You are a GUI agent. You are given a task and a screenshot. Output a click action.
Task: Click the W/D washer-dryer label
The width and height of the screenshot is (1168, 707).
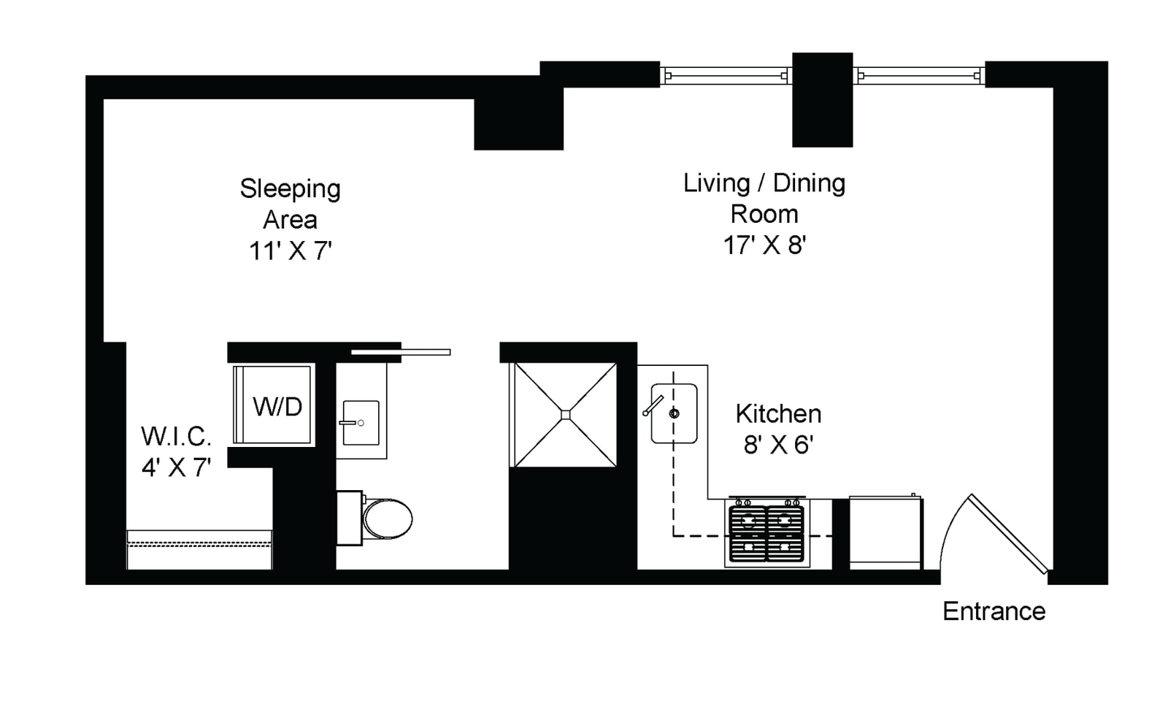(277, 407)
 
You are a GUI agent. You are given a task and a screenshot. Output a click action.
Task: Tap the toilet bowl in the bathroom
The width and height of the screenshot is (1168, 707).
(388, 519)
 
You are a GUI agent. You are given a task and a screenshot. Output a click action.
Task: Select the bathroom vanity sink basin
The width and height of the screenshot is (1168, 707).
(361, 423)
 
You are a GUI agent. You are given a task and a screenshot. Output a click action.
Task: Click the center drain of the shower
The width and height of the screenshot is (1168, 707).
(566, 415)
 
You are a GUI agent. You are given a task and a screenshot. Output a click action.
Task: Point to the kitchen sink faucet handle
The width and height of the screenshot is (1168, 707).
(653, 405)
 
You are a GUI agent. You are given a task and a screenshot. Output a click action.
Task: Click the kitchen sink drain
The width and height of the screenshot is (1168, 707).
(675, 414)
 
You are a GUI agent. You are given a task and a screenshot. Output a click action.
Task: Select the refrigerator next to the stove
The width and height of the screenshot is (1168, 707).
(885, 532)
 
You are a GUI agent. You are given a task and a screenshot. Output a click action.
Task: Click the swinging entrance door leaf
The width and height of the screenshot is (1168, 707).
(1008, 534)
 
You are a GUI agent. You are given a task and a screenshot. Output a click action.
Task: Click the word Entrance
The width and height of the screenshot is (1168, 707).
(994, 611)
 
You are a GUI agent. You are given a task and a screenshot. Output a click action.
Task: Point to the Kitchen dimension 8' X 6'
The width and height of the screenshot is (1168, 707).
(778, 445)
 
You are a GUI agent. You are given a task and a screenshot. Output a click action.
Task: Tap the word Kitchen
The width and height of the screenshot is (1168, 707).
(778, 414)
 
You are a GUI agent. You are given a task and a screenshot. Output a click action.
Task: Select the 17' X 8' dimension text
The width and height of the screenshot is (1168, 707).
(764, 245)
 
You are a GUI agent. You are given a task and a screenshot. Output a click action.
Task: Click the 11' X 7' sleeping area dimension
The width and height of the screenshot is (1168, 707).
(291, 251)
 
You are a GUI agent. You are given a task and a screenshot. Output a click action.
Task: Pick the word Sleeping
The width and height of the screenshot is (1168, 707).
(290, 189)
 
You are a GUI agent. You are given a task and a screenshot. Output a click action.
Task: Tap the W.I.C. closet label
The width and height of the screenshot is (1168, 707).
(176, 436)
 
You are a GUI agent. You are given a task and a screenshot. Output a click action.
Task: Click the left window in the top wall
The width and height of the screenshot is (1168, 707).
(726, 76)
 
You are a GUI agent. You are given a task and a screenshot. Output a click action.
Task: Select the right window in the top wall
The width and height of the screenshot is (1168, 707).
(919, 76)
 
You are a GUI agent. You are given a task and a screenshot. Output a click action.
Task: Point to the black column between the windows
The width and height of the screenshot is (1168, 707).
(822, 99)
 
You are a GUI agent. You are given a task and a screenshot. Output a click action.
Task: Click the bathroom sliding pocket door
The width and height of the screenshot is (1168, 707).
(401, 352)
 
